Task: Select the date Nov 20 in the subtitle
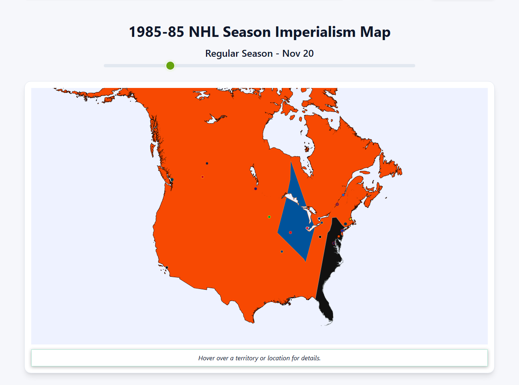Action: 298,53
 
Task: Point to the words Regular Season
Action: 239,53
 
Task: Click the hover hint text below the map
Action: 259,358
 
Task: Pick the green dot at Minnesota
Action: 269,217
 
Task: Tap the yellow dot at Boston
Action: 351,219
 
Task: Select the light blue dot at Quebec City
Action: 343,195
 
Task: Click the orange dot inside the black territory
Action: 339,237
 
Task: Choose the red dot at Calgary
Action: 203,177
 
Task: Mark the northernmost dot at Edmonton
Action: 207,163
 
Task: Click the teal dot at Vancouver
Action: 172,180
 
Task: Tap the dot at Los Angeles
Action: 167,267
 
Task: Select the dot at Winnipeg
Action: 255,189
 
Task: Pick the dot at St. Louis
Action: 282,252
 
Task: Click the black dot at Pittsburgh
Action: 320,237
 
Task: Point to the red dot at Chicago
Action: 290,233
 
